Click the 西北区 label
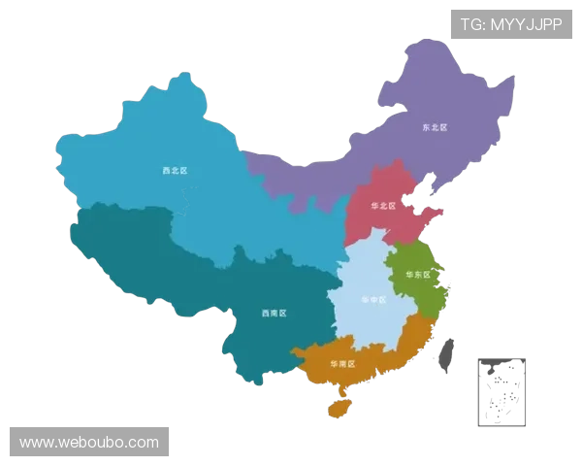[x=175, y=171]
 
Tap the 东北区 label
[x=434, y=127]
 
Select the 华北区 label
[x=384, y=206]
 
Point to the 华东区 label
[x=417, y=275]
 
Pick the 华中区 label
[x=372, y=300]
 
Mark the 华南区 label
[x=342, y=363]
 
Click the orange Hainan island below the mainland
[x=339, y=409]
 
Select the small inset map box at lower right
[x=501, y=391]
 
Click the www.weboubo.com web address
[x=89, y=443]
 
